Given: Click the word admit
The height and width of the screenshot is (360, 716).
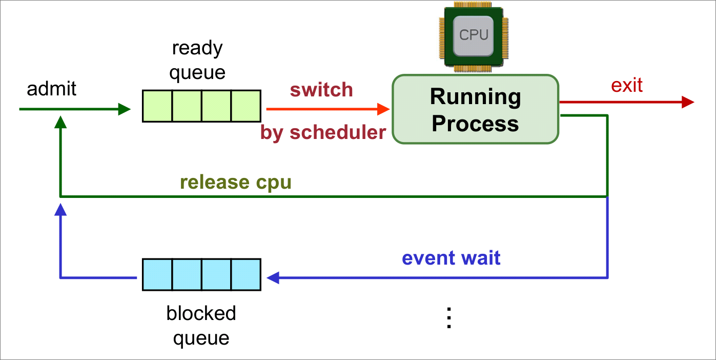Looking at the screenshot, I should pos(51,89).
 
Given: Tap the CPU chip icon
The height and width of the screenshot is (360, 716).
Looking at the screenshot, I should pos(474,36).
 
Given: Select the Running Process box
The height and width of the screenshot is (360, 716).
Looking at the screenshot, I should pos(475,109).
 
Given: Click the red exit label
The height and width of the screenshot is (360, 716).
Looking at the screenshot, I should pos(626,85).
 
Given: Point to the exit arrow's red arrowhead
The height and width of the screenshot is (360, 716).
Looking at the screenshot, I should pos(688,102).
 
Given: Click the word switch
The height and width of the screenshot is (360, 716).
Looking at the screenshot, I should pos(321,90).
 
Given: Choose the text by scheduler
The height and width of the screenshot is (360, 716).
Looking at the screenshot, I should pos(323,132).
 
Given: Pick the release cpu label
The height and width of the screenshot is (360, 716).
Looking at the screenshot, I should pos(236,182).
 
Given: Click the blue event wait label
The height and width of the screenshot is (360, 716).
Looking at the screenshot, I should pos(451,257).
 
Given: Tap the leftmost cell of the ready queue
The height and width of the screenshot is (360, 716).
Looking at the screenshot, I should pos(157,106).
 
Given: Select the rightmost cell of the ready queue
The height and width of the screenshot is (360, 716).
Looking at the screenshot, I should pos(246,106).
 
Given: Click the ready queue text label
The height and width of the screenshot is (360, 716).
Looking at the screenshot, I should pos(197,60).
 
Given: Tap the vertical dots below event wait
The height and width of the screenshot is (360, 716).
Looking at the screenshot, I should pos(449,318).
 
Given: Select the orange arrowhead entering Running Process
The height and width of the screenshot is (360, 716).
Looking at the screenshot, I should pos(383,109).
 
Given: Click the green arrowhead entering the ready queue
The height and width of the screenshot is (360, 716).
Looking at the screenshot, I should pos(125,109).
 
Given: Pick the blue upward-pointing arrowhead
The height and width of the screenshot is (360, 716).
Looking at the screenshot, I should pos(60,209).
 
